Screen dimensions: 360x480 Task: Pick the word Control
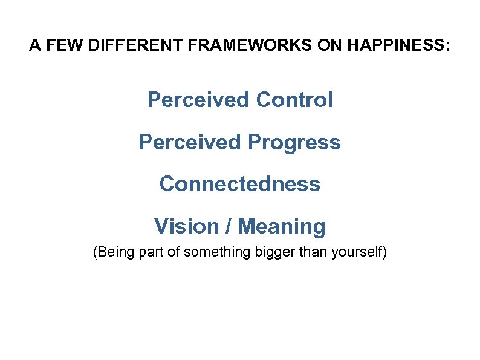click(294, 100)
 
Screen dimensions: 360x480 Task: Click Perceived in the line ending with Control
click(198, 100)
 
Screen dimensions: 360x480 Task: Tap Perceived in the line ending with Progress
click(190, 143)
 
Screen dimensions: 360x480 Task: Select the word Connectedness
click(240, 184)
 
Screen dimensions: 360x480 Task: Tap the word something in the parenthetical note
click(215, 252)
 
